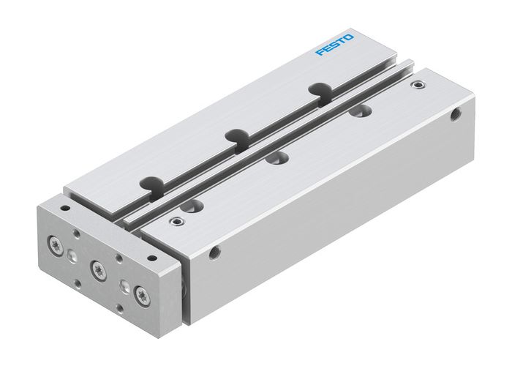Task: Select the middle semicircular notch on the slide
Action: (236, 135)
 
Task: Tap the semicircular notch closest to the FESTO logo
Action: (318, 89)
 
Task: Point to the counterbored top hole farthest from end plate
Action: (358, 113)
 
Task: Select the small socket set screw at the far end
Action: (418, 86)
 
